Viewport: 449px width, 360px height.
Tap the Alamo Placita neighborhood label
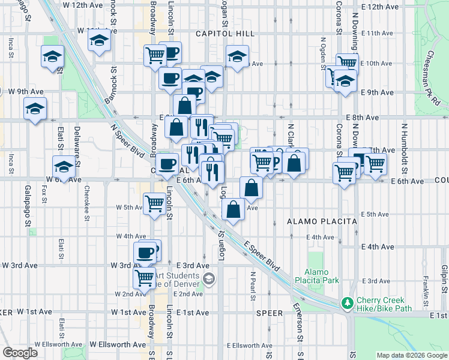(x=322, y=221)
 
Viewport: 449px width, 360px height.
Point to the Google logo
(x=19, y=353)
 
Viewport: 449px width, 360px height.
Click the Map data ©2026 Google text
(x=411, y=355)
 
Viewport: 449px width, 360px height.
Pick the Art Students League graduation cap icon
(x=208, y=278)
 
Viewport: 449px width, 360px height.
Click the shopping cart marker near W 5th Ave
(x=154, y=204)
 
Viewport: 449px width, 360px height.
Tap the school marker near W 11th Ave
(x=98, y=41)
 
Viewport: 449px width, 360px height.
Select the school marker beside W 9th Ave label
(x=35, y=109)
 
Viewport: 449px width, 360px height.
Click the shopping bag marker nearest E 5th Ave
(x=234, y=209)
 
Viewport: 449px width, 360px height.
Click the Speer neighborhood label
(x=269, y=313)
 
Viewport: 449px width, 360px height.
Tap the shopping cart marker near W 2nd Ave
(x=145, y=278)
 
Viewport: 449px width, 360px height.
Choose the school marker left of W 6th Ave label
(x=64, y=166)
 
